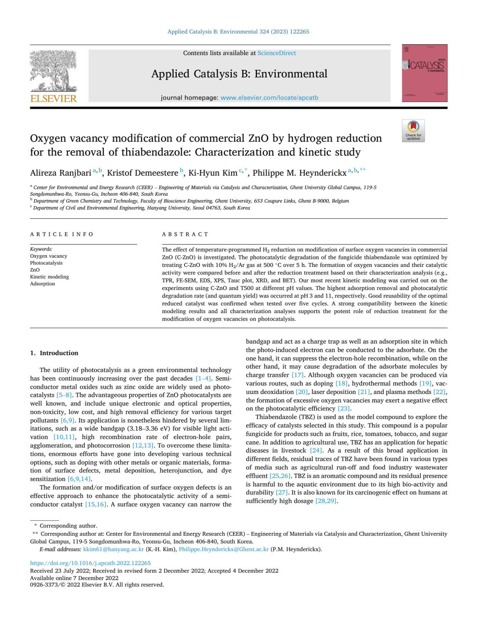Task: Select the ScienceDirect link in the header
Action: tap(276, 53)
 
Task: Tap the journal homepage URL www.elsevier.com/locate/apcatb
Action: tap(269, 98)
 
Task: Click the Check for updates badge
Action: tap(413, 131)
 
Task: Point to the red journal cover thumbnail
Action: tap(425, 73)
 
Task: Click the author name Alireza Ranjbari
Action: tap(61, 173)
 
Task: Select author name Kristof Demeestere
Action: tap(143, 173)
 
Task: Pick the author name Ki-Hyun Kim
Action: tap(213, 173)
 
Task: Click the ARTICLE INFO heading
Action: tap(62, 234)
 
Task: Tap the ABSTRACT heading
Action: tap(185, 234)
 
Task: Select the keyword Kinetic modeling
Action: tap(49, 277)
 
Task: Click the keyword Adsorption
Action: tap(43, 284)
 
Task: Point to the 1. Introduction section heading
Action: tap(54, 353)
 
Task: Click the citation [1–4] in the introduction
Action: tap(203, 378)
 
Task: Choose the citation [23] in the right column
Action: tap(344, 409)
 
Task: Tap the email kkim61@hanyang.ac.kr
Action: tap(114, 549)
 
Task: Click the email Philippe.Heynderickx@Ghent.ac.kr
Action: tap(223, 549)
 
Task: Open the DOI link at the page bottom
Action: tap(90, 563)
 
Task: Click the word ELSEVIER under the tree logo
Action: tap(53, 98)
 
